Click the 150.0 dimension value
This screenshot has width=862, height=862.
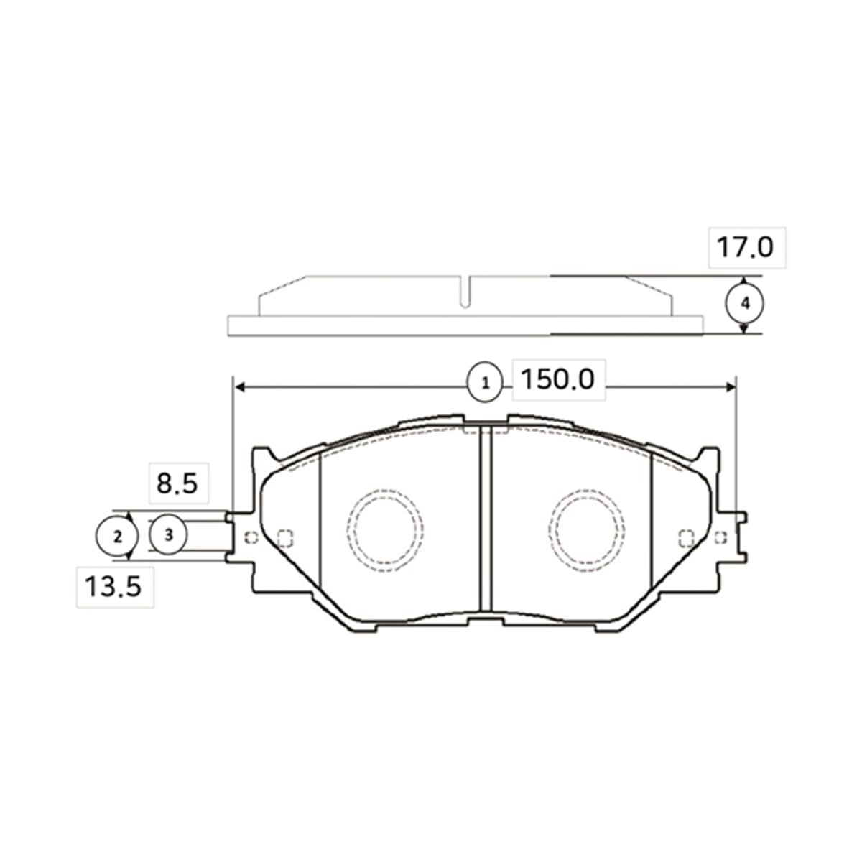click(x=557, y=379)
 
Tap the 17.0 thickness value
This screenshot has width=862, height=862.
click(x=745, y=247)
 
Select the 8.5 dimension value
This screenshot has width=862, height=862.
click(x=177, y=483)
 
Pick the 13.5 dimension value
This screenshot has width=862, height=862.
click(x=113, y=586)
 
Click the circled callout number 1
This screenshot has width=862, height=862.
click(x=485, y=382)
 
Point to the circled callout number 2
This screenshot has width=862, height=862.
click(x=118, y=536)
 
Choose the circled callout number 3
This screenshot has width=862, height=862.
click(x=169, y=534)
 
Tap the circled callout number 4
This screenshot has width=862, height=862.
click(x=744, y=304)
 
